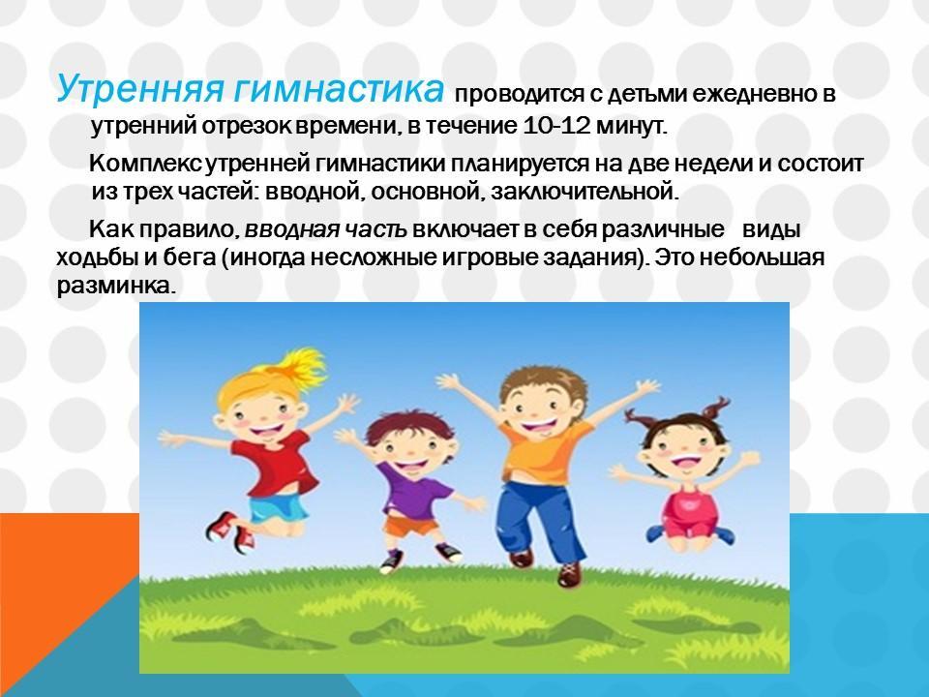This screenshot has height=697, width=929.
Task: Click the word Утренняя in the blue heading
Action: click(140, 89)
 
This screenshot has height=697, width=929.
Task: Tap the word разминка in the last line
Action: click(116, 287)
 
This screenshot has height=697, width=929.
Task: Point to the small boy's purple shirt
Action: click(412, 489)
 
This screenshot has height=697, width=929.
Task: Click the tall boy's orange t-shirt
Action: click(544, 452)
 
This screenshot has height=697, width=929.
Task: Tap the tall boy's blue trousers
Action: click(540, 522)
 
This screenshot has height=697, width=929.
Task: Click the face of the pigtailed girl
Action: click(682, 448)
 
